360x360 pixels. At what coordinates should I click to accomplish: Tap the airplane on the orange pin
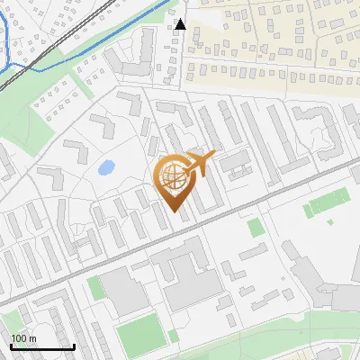coord(200,164)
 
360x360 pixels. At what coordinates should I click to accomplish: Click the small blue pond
coord(106,167)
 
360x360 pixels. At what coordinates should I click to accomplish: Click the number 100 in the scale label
coord(19,338)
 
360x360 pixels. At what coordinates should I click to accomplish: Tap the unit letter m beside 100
coord(32,338)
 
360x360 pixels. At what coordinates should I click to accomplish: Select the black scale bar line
coord(41,346)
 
